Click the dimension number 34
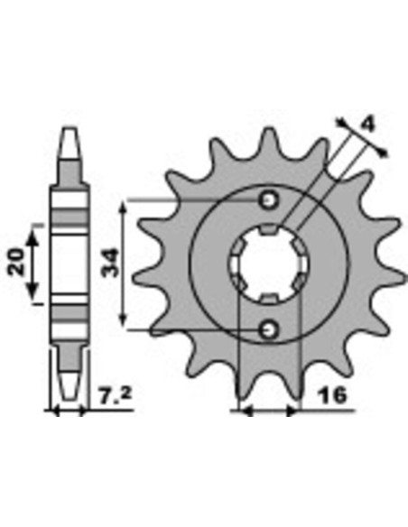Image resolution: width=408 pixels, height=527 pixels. (x=111, y=263)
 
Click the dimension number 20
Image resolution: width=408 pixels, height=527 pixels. (x=17, y=263)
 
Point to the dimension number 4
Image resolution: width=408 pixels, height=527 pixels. (x=367, y=125)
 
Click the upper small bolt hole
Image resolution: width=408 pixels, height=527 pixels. (x=268, y=200)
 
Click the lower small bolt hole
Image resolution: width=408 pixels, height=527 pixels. (x=268, y=330)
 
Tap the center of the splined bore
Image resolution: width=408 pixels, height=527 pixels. (x=268, y=265)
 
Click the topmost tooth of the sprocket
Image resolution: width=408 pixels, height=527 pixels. (x=268, y=141)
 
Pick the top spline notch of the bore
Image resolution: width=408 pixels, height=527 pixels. (x=268, y=229)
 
